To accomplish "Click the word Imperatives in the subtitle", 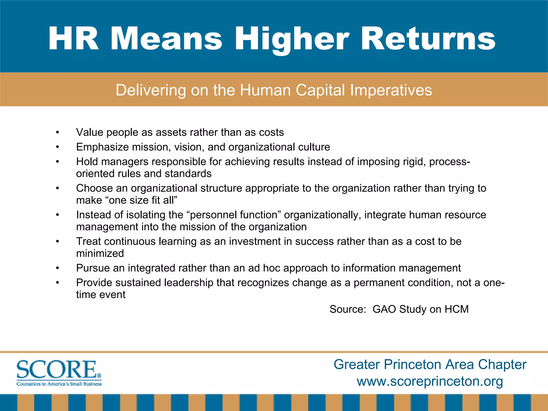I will click(391, 90).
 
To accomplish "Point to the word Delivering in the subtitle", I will click(151, 90).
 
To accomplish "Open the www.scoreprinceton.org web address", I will click(430, 381).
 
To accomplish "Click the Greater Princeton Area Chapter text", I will click(430, 364).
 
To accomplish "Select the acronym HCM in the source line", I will click(456, 309).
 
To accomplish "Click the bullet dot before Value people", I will click(57, 132).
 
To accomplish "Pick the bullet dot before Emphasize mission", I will click(57, 147).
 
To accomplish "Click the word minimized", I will click(100, 253).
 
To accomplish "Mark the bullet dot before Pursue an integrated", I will click(57, 268).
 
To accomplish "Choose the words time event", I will click(101, 295).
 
